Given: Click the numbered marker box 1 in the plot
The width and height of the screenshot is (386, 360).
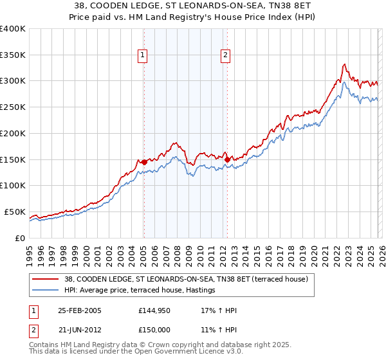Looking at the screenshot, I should pyautogui.click(x=143, y=56).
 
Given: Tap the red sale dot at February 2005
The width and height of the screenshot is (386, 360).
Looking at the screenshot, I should pyautogui.click(x=143, y=162).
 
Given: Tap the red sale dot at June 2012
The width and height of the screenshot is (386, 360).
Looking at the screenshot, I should pyautogui.click(x=226, y=159).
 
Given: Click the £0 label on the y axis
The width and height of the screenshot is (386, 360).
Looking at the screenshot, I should pyautogui.click(x=20, y=238).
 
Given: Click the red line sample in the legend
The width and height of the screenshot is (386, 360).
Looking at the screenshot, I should pyautogui.click(x=46, y=279).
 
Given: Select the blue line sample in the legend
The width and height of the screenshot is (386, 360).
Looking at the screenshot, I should pyautogui.click(x=46, y=291).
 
